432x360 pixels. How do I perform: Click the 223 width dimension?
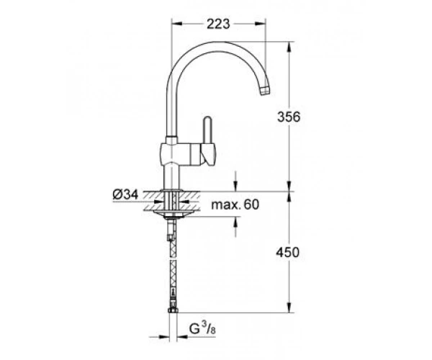coord(218,24)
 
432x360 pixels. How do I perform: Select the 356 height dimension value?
coord(289,117)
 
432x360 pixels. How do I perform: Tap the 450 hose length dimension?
coord(287,252)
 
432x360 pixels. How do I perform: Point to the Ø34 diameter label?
coord(125,194)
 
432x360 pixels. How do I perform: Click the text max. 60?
coord(235,204)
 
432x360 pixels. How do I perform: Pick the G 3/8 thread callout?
coord(202,328)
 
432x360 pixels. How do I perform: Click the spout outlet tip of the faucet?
coord(265,90)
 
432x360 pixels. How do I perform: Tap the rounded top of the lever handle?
coord(207,120)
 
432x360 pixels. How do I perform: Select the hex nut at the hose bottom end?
coord(173,310)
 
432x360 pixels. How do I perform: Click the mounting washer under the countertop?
coord(173,213)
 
